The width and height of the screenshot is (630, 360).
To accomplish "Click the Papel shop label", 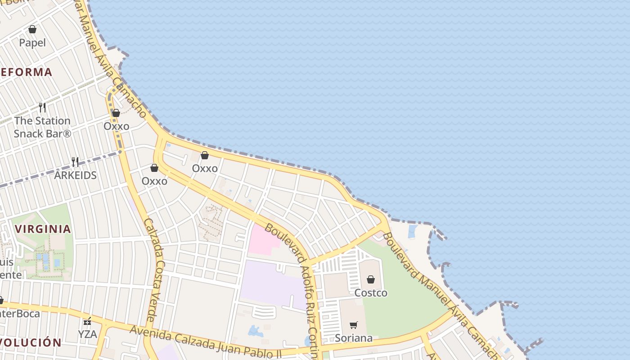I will pyautogui.click(x=32, y=43).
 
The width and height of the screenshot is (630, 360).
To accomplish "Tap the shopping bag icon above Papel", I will pyautogui.click(x=32, y=30).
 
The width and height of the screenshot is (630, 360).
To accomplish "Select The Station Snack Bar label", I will pyautogui.click(x=42, y=127).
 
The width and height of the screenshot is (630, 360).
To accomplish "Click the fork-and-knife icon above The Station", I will pyautogui.click(x=42, y=107).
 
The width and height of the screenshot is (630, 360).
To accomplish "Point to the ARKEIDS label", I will pyautogui.click(x=75, y=175).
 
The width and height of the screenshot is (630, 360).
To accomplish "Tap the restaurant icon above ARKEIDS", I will pyautogui.click(x=75, y=162).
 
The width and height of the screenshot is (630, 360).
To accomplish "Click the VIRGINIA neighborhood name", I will pyautogui.click(x=43, y=229).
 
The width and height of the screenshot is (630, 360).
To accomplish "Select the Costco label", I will pyautogui.click(x=371, y=293).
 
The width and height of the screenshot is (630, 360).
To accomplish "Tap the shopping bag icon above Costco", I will pyautogui.click(x=371, y=279).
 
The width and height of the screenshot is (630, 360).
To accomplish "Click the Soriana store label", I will pyautogui.click(x=354, y=338).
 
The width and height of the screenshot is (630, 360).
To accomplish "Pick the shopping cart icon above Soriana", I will pyautogui.click(x=354, y=325).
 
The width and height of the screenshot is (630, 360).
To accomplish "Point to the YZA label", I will pyautogui.click(x=87, y=334).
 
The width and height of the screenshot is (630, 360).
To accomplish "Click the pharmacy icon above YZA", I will pyautogui.click(x=87, y=321).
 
